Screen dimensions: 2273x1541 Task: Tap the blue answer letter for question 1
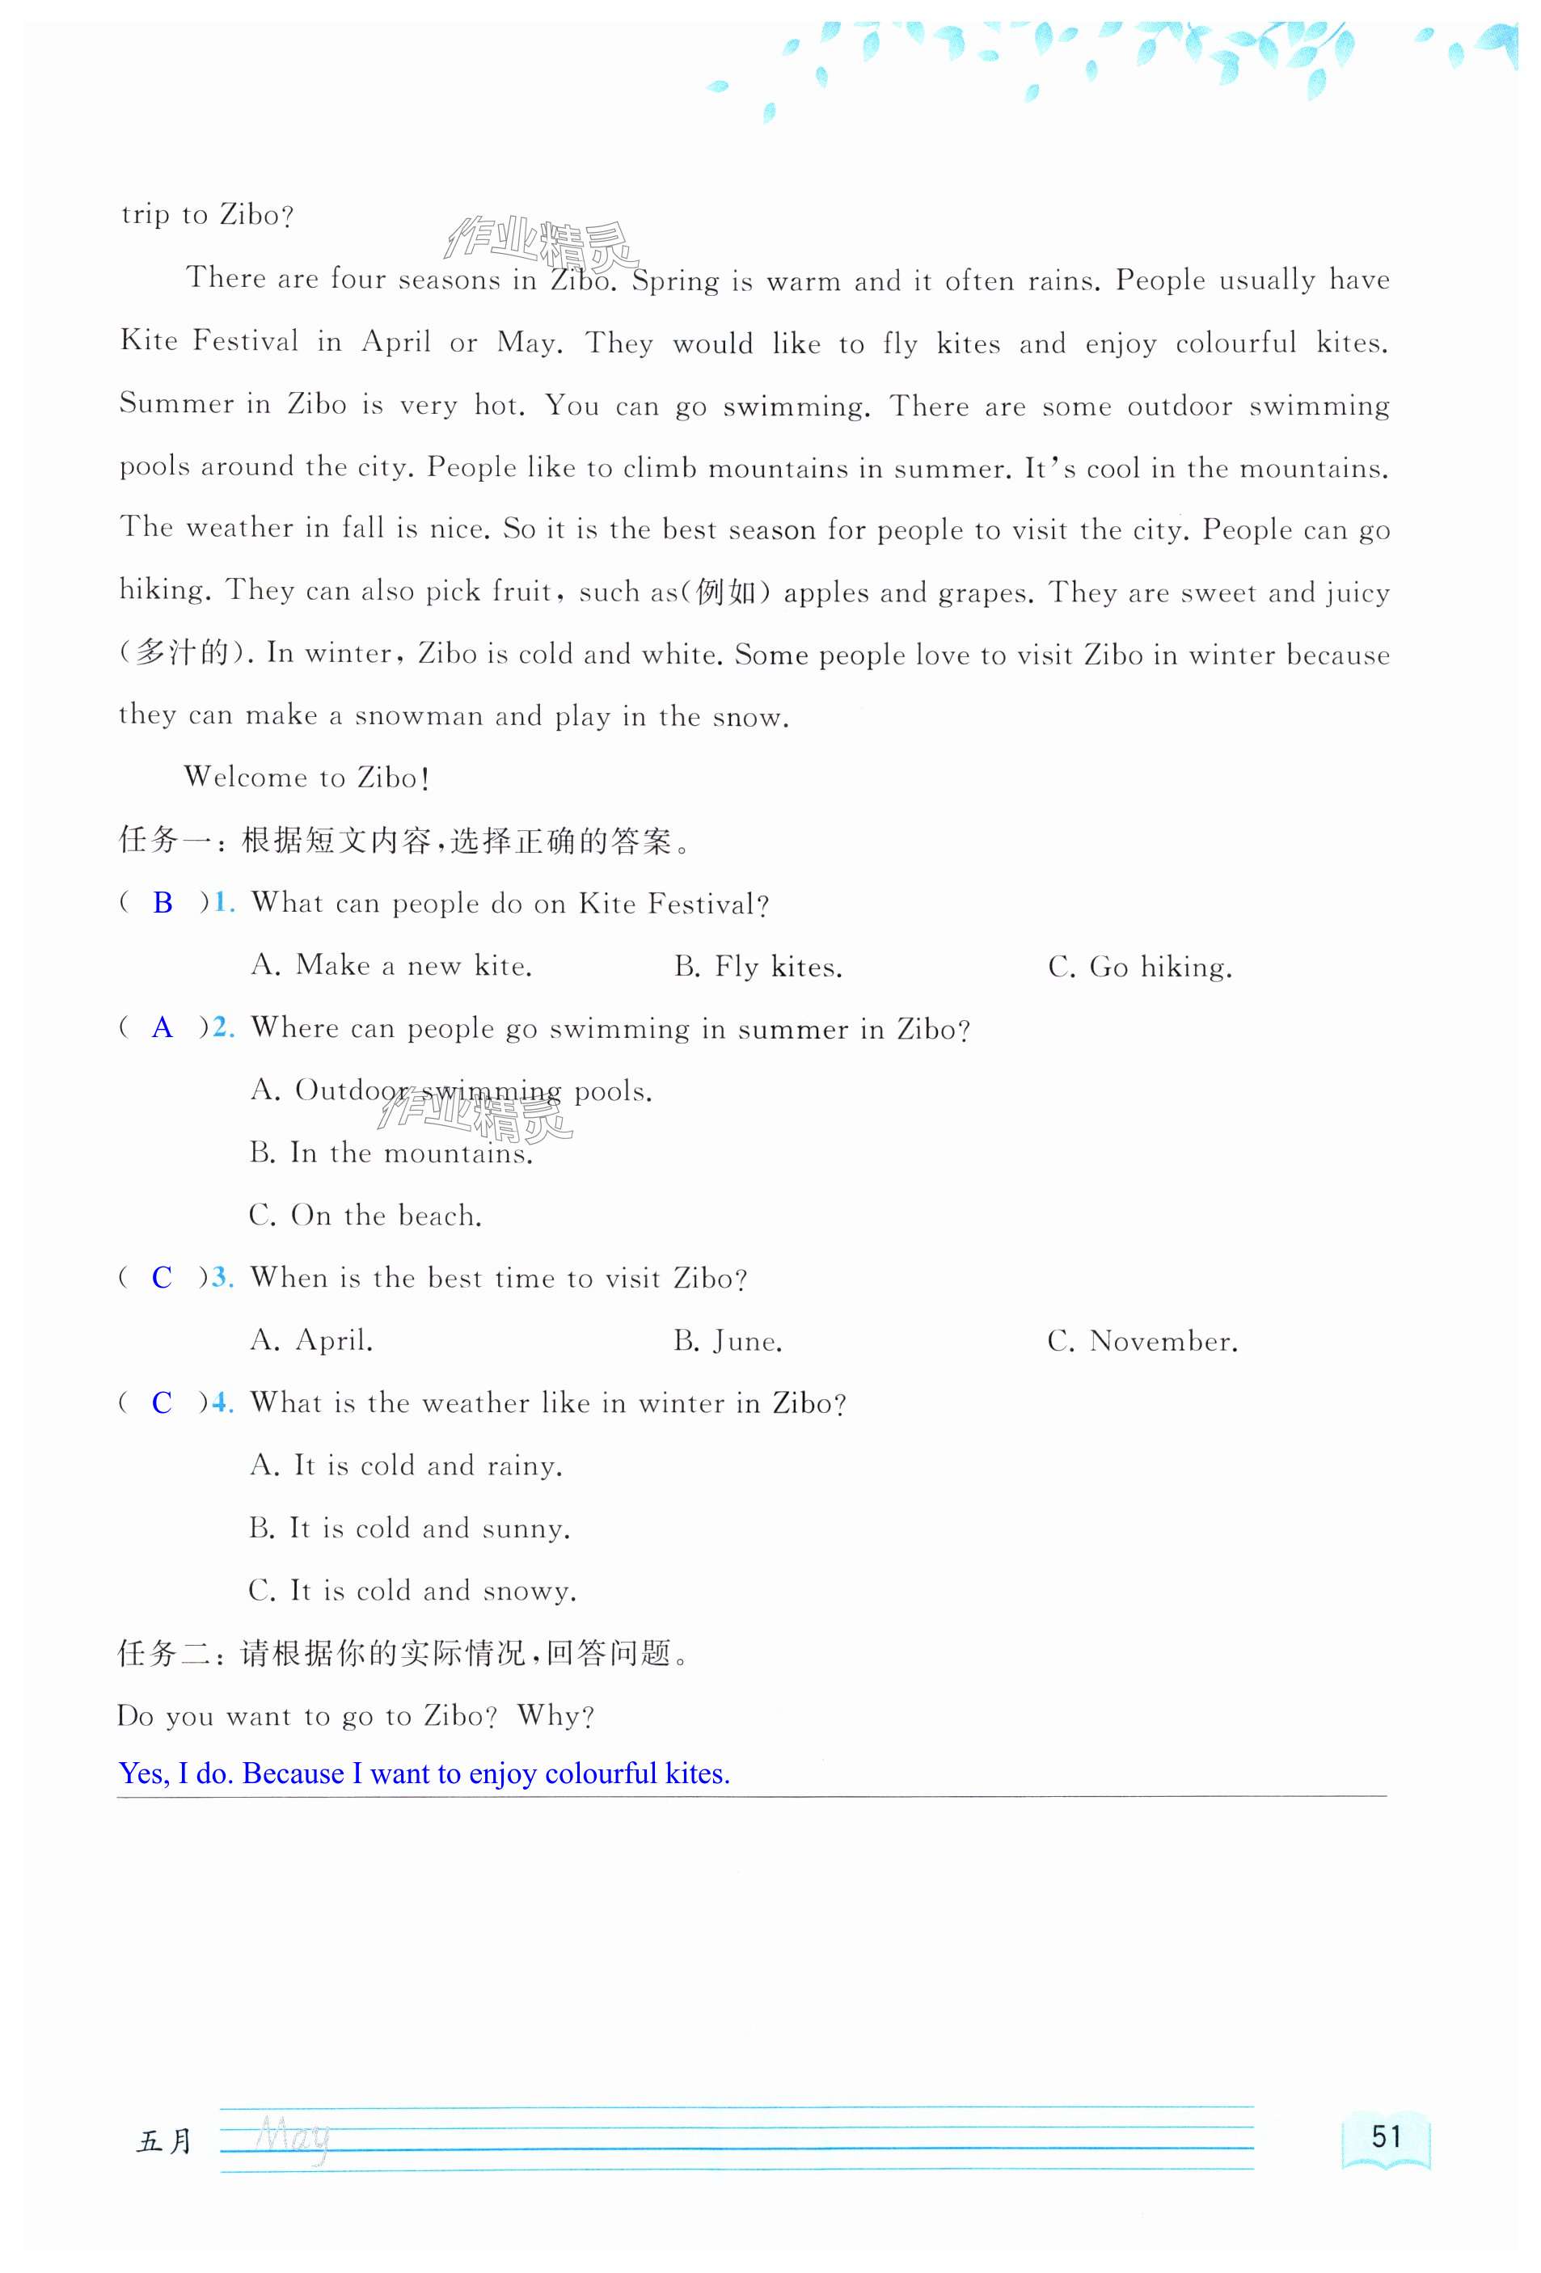pos(163,903)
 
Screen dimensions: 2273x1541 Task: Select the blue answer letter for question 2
pos(163,1028)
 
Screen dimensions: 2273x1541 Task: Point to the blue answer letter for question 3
pos(163,1277)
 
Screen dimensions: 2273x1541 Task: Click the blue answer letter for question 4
pos(163,1402)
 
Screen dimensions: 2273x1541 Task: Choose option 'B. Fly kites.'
pos(758,966)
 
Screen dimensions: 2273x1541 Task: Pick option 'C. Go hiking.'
pos(1139,966)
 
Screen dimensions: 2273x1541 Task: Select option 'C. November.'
pos(1142,1341)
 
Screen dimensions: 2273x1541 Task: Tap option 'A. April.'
pos(311,1340)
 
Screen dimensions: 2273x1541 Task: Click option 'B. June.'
pos(727,1341)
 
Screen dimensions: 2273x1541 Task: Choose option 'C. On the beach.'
pos(365,1216)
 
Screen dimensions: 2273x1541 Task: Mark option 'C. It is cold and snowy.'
pos(412,1590)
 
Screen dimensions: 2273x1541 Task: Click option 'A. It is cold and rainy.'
pos(406,1465)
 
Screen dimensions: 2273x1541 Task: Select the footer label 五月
pos(164,2141)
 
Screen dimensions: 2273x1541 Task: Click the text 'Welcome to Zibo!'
pos(307,778)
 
